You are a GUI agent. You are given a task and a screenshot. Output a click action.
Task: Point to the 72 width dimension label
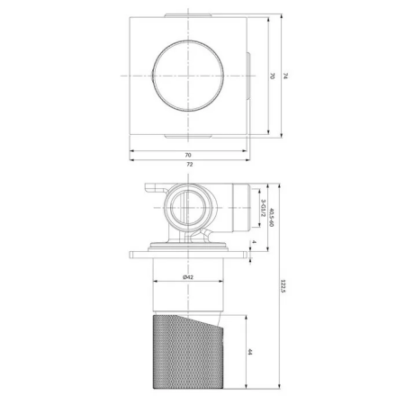(x=189, y=166)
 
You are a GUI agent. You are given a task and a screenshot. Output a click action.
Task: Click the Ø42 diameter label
(x=187, y=275)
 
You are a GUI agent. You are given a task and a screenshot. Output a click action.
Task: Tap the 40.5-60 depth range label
(x=272, y=218)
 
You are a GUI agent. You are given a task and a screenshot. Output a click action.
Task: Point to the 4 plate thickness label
(x=255, y=243)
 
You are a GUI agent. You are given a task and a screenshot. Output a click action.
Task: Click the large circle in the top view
(x=187, y=76)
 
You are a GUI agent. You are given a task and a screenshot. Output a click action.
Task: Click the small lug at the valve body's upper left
(x=150, y=190)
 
